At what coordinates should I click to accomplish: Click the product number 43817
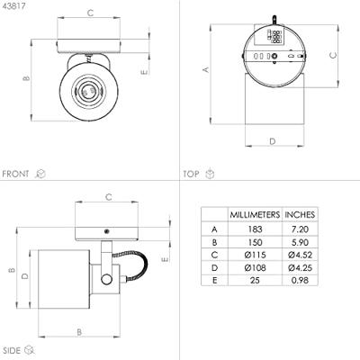click(13, 5)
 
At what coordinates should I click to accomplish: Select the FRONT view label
click(15, 174)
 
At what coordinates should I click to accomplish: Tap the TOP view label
click(191, 174)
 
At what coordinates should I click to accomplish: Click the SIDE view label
click(12, 350)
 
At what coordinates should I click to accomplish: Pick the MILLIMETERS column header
click(255, 215)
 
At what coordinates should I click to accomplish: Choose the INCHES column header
click(300, 215)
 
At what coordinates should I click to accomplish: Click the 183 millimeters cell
click(255, 229)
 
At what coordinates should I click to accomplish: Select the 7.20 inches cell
click(300, 229)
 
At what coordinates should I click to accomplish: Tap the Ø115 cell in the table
click(255, 255)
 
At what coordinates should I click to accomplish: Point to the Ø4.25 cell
click(300, 267)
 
